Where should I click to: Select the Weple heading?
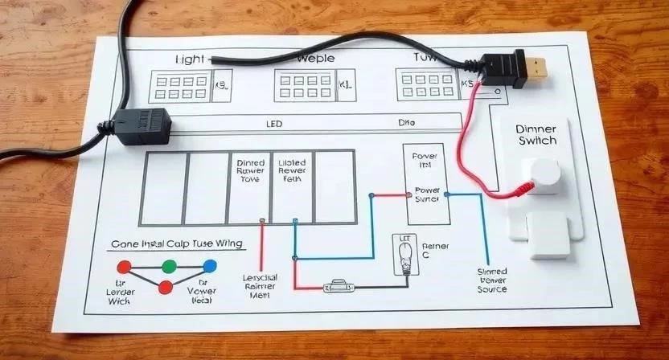(x=315, y=59)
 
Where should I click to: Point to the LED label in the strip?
(x=275, y=125)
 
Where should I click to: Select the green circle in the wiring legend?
(x=169, y=266)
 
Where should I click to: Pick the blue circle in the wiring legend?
(x=209, y=265)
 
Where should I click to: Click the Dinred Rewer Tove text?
(x=250, y=171)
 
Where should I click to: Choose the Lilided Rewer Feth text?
(x=291, y=171)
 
